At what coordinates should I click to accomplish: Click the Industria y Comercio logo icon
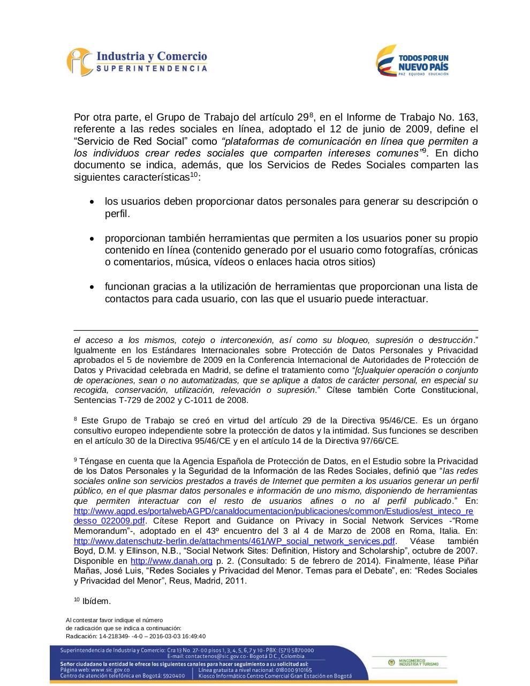coord(79,62)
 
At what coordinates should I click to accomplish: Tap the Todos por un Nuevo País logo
coord(412,61)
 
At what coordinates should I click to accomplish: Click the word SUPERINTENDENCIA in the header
coord(152,69)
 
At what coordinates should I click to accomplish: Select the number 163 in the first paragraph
coord(467,117)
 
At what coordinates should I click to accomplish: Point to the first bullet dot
coord(93,203)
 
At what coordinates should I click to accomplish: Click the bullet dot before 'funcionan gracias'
coord(93,287)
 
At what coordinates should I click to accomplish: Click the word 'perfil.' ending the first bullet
coord(117,214)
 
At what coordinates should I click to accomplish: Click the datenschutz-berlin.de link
coord(234,541)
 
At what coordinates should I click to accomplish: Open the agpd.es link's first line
coord(274,511)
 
